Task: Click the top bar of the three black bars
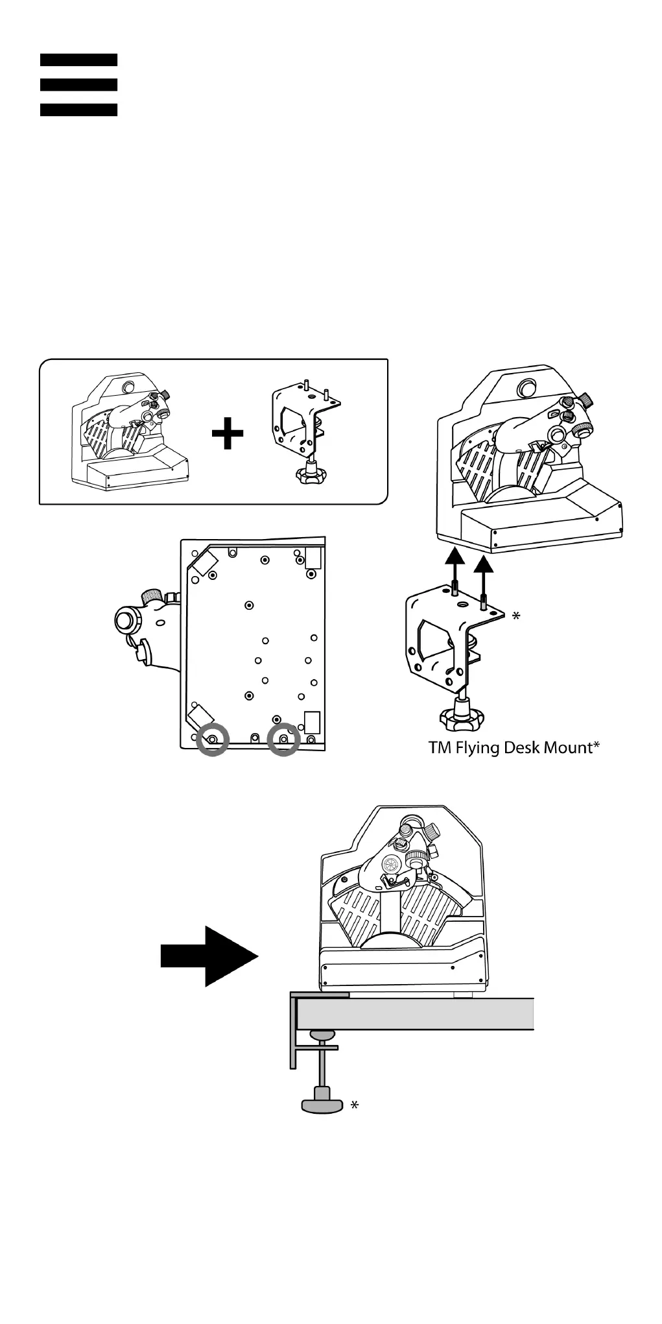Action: (78, 60)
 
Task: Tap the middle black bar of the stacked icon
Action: (78, 84)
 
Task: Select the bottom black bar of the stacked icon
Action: (78, 110)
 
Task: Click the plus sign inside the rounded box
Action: (228, 434)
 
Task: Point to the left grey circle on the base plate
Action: (213, 740)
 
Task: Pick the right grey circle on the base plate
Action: (283, 740)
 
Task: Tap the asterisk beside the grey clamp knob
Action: (354, 1105)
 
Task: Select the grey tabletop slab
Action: (415, 1014)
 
